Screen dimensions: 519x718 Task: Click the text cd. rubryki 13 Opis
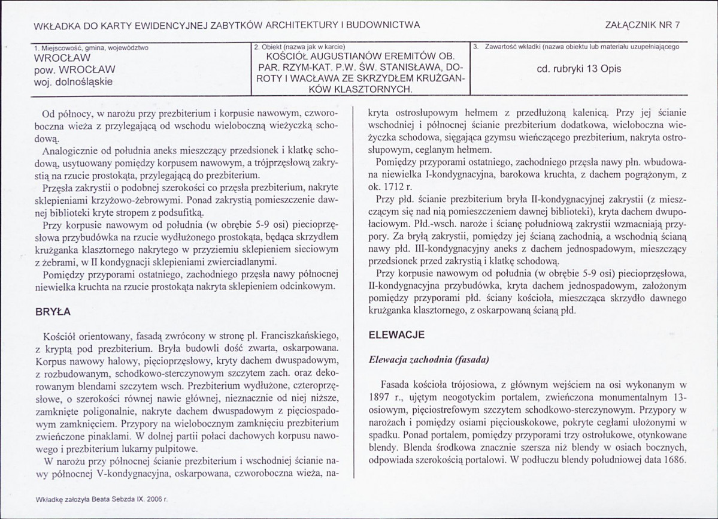click(579, 68)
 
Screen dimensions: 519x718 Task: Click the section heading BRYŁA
click(53, 312)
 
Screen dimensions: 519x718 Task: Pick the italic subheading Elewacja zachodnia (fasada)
click(429, 360)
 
